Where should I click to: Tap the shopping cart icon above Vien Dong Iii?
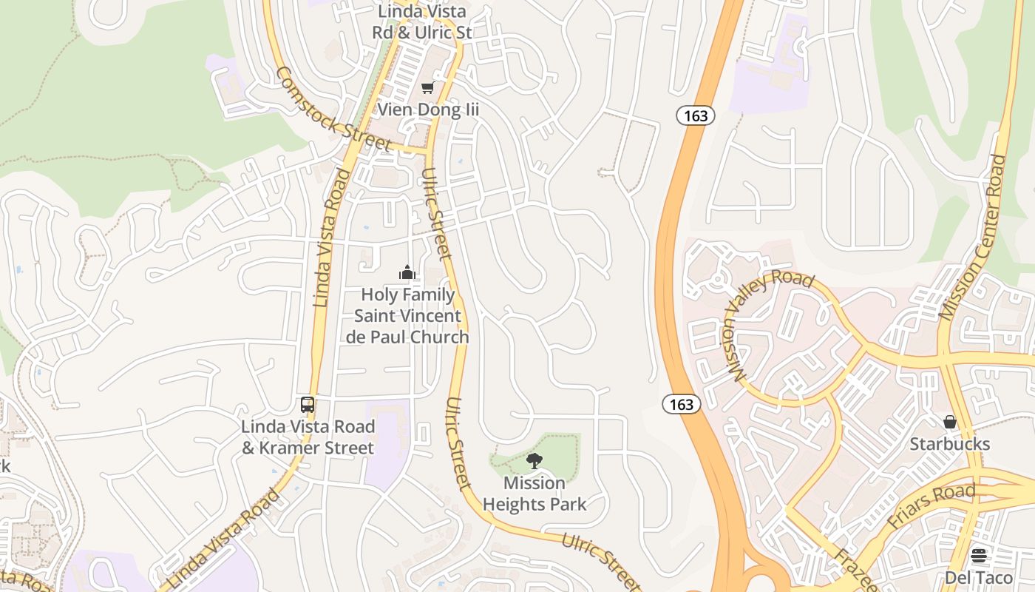(x=427, y=88)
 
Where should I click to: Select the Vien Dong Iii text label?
(x=428, y=110)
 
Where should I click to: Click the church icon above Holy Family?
(x=407, y=272)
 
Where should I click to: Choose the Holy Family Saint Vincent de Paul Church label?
(x=407, y=316)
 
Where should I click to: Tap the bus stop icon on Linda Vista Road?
(x=308, y=405)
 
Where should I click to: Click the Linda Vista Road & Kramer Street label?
(x=308, y=437)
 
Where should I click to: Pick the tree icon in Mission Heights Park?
(x=534, y=462)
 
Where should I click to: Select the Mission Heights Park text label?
(x=534, y=494)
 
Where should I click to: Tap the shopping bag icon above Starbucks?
(x=950, y=422)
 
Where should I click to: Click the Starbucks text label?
(x=950, y=444)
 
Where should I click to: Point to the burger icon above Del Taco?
(x=979, y=555)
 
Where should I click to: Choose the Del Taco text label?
(x=979, y=577)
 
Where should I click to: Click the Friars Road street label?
(x=931, y=505)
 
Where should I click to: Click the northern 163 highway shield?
(x=696, y=115)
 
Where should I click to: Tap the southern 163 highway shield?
(x=681, y=403)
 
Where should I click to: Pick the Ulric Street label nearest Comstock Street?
(x=435, y=214)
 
